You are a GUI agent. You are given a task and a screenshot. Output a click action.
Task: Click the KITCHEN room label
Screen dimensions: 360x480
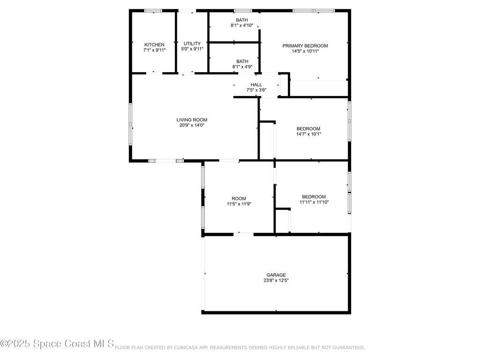click(154, 45)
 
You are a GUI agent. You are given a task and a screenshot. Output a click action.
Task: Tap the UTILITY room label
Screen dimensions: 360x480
click(192, 44)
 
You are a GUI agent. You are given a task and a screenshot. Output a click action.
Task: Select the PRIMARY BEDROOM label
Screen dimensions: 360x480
click(305, 45)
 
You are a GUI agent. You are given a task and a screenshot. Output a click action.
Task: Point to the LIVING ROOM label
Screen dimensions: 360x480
click(192, 120)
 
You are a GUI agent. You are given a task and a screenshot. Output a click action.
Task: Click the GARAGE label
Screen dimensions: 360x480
click(276, 275)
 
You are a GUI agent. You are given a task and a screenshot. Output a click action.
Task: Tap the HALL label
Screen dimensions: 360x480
click(256, 85)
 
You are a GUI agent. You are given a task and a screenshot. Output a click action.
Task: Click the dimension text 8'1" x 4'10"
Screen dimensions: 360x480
click(242, 25)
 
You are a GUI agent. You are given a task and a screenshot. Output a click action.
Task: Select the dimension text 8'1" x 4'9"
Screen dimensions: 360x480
click(242, 67)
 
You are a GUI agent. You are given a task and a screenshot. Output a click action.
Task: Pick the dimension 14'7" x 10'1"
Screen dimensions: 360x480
click(308, 134)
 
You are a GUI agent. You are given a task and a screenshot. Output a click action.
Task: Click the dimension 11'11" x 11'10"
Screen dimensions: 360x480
click(314, 202)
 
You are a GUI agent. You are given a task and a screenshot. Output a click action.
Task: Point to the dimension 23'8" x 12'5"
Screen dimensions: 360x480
click(276, 280)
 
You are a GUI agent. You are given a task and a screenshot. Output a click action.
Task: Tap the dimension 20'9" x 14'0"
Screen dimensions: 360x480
click(192, 125)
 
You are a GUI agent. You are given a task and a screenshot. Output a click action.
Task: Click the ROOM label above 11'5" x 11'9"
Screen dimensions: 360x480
click(239, 198)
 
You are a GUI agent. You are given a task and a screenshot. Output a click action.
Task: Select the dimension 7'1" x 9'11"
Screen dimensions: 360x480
click(154, 50)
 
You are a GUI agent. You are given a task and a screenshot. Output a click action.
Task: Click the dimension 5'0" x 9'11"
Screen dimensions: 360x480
click(192, 49)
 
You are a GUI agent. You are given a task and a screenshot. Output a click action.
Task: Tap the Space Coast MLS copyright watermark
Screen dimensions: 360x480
click(57, 344)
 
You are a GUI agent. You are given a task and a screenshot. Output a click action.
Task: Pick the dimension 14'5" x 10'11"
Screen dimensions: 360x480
click(305, 51)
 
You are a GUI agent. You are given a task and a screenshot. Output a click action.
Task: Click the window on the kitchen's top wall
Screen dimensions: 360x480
click(153, 11)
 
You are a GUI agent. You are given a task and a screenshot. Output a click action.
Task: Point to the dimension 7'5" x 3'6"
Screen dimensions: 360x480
click(256, 90)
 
